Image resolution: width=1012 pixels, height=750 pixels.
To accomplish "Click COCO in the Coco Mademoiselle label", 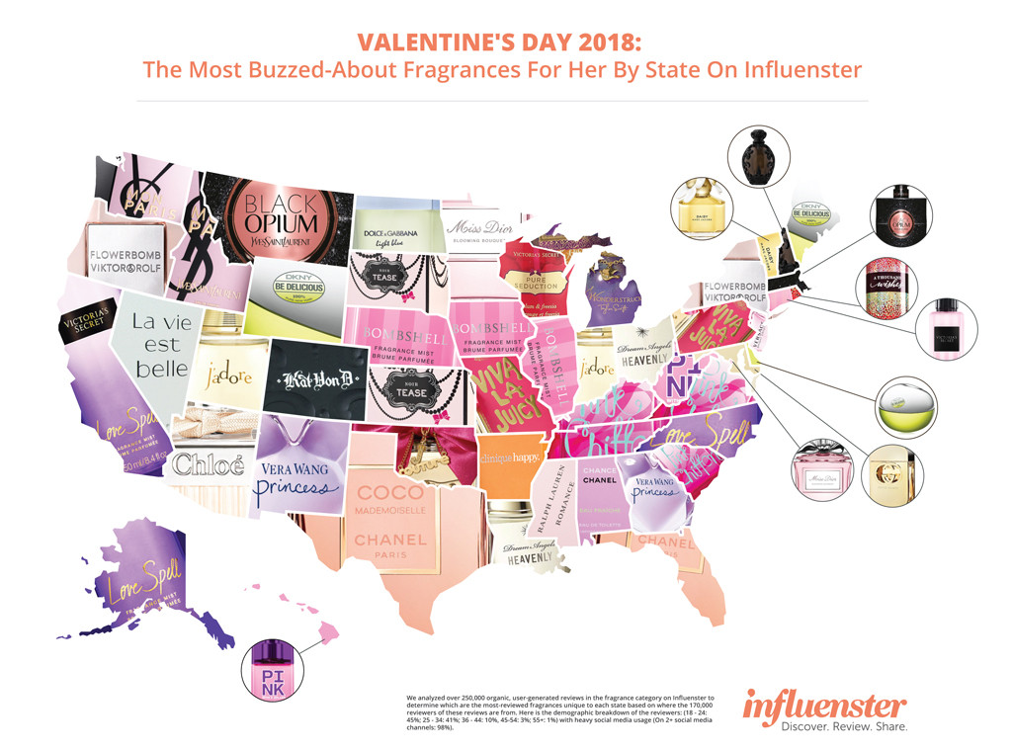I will coord(390,492).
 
